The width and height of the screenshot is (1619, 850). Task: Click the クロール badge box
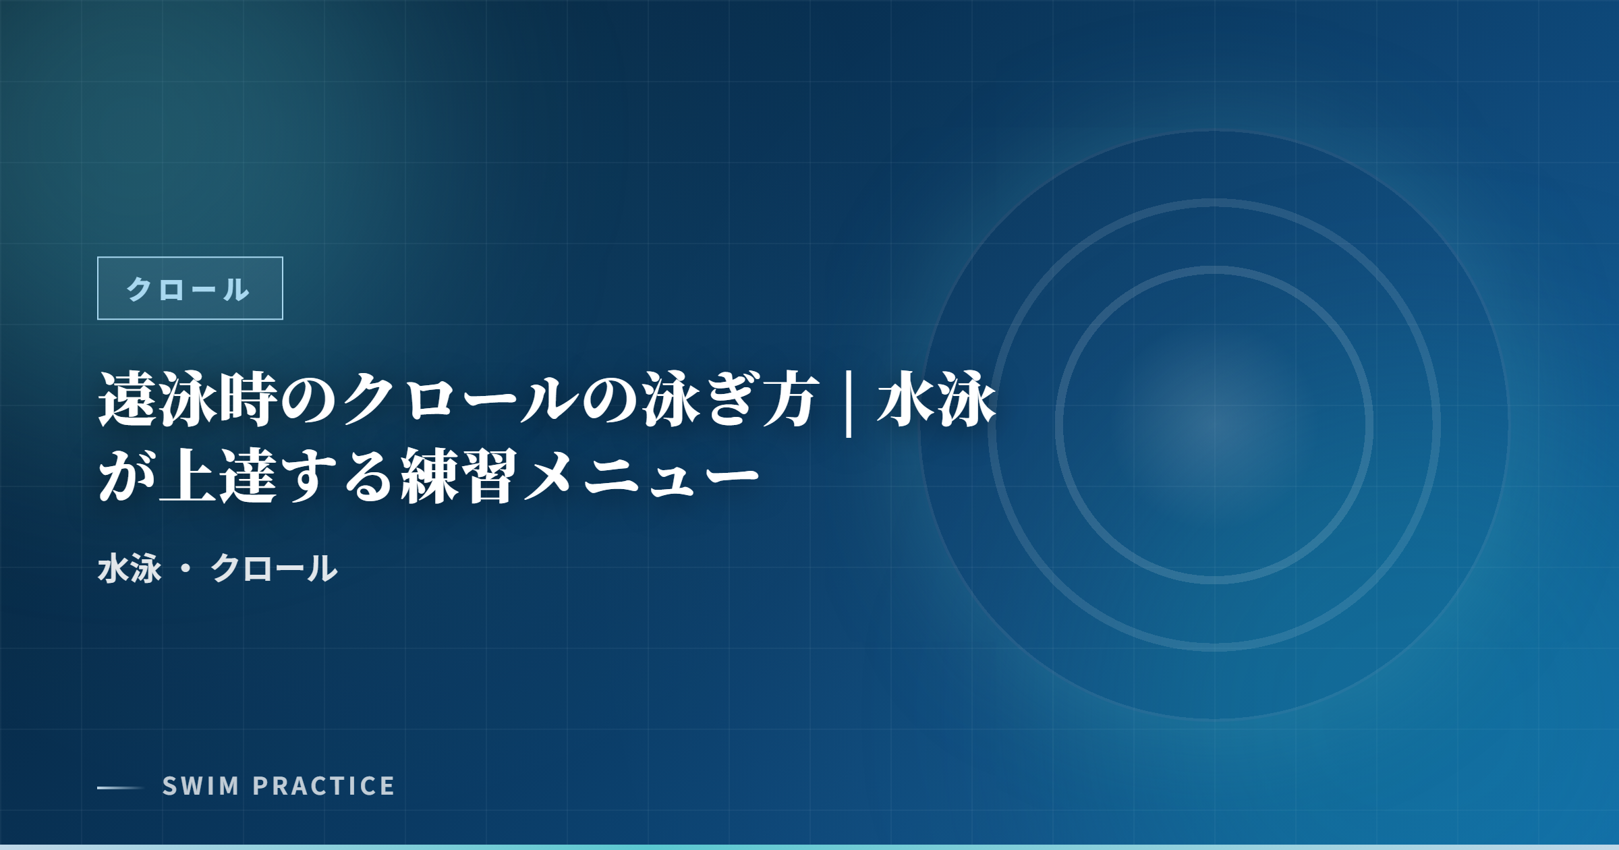coord(190,288)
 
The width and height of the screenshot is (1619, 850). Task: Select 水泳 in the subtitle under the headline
coord(130,568)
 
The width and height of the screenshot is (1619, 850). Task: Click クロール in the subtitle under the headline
coord(274,568)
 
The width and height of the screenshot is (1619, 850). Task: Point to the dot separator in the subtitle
coord(186,569)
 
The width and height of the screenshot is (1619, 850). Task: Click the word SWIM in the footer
coord(200,786)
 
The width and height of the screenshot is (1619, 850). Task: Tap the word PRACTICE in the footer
coord(324,786)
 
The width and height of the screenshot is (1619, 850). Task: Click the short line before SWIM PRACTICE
coord(121,787)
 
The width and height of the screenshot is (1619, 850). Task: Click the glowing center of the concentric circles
coord(1214,425)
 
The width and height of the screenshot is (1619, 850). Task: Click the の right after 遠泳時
coord(309,401)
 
